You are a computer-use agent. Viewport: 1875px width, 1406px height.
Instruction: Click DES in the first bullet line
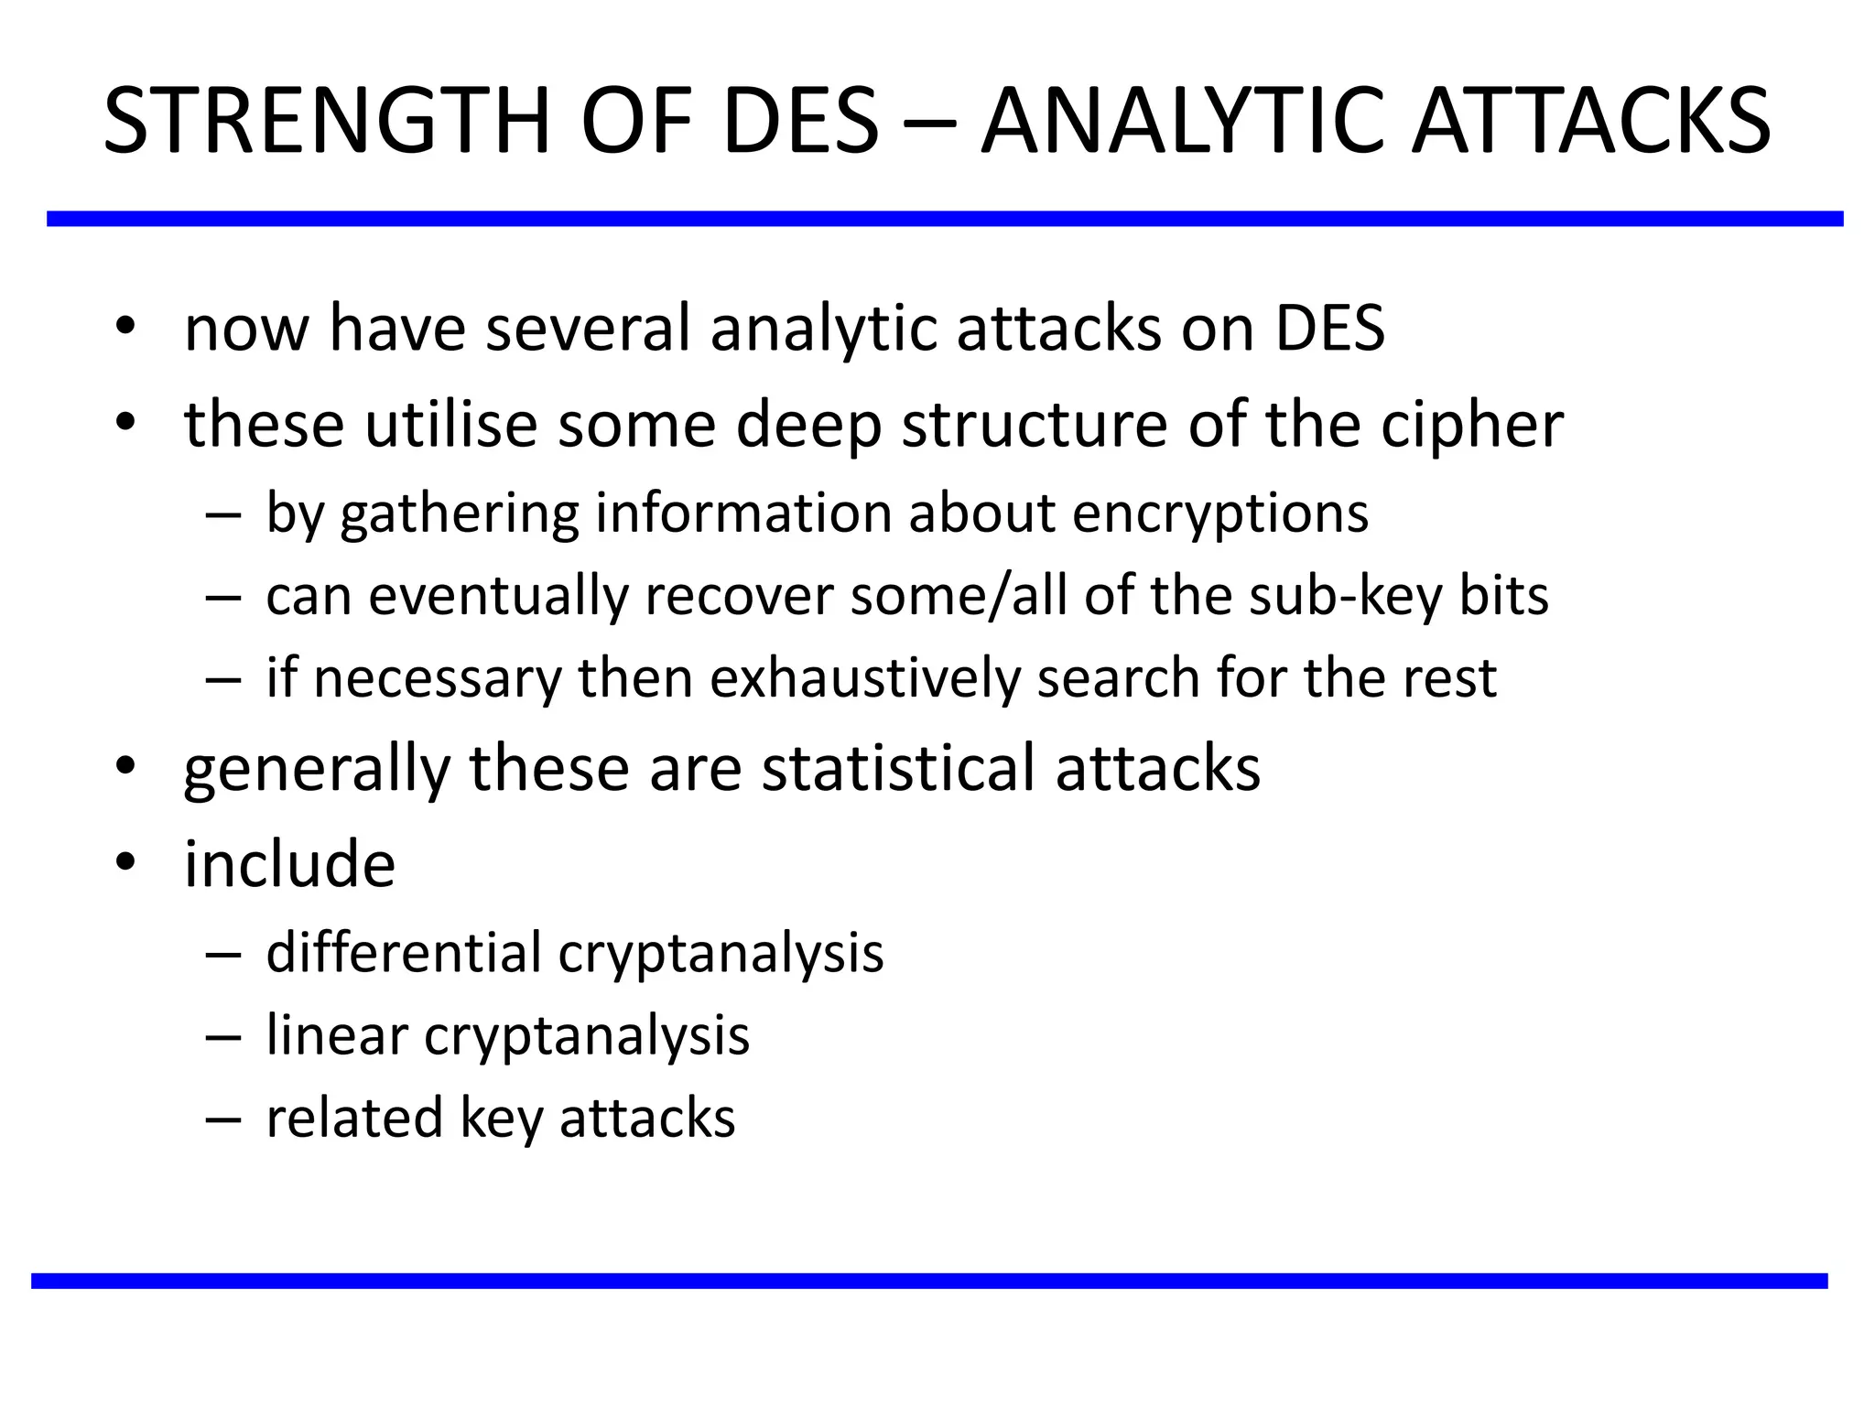point(1329,328)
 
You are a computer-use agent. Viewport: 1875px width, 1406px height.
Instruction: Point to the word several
point(587,328)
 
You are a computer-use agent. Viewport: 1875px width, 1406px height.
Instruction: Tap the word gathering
point(459,514)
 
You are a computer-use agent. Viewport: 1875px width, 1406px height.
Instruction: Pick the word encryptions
point(1219,514)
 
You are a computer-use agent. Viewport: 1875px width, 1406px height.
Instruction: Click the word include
point(289,864)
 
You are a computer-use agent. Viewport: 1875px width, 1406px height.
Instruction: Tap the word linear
point(336,1035)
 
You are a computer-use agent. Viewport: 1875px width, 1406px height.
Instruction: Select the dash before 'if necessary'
point(223,680)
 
